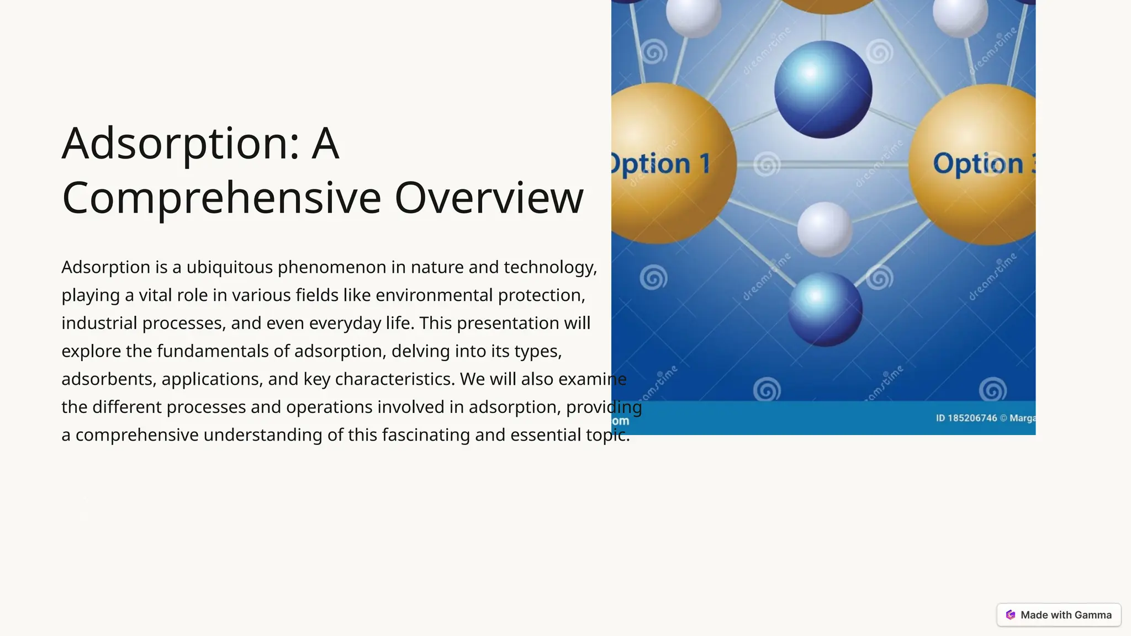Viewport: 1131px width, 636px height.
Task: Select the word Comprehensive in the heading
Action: point(221,198)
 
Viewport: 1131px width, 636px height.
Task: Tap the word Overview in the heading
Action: point(489,198)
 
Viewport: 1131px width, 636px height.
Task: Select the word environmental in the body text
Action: point(434,295)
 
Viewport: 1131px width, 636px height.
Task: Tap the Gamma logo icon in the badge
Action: point(1011,615)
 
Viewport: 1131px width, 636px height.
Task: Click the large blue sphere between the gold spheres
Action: point(823,89)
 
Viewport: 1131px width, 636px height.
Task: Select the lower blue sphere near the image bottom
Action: point(825,309)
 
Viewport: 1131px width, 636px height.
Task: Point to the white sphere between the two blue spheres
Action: point(825,229)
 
